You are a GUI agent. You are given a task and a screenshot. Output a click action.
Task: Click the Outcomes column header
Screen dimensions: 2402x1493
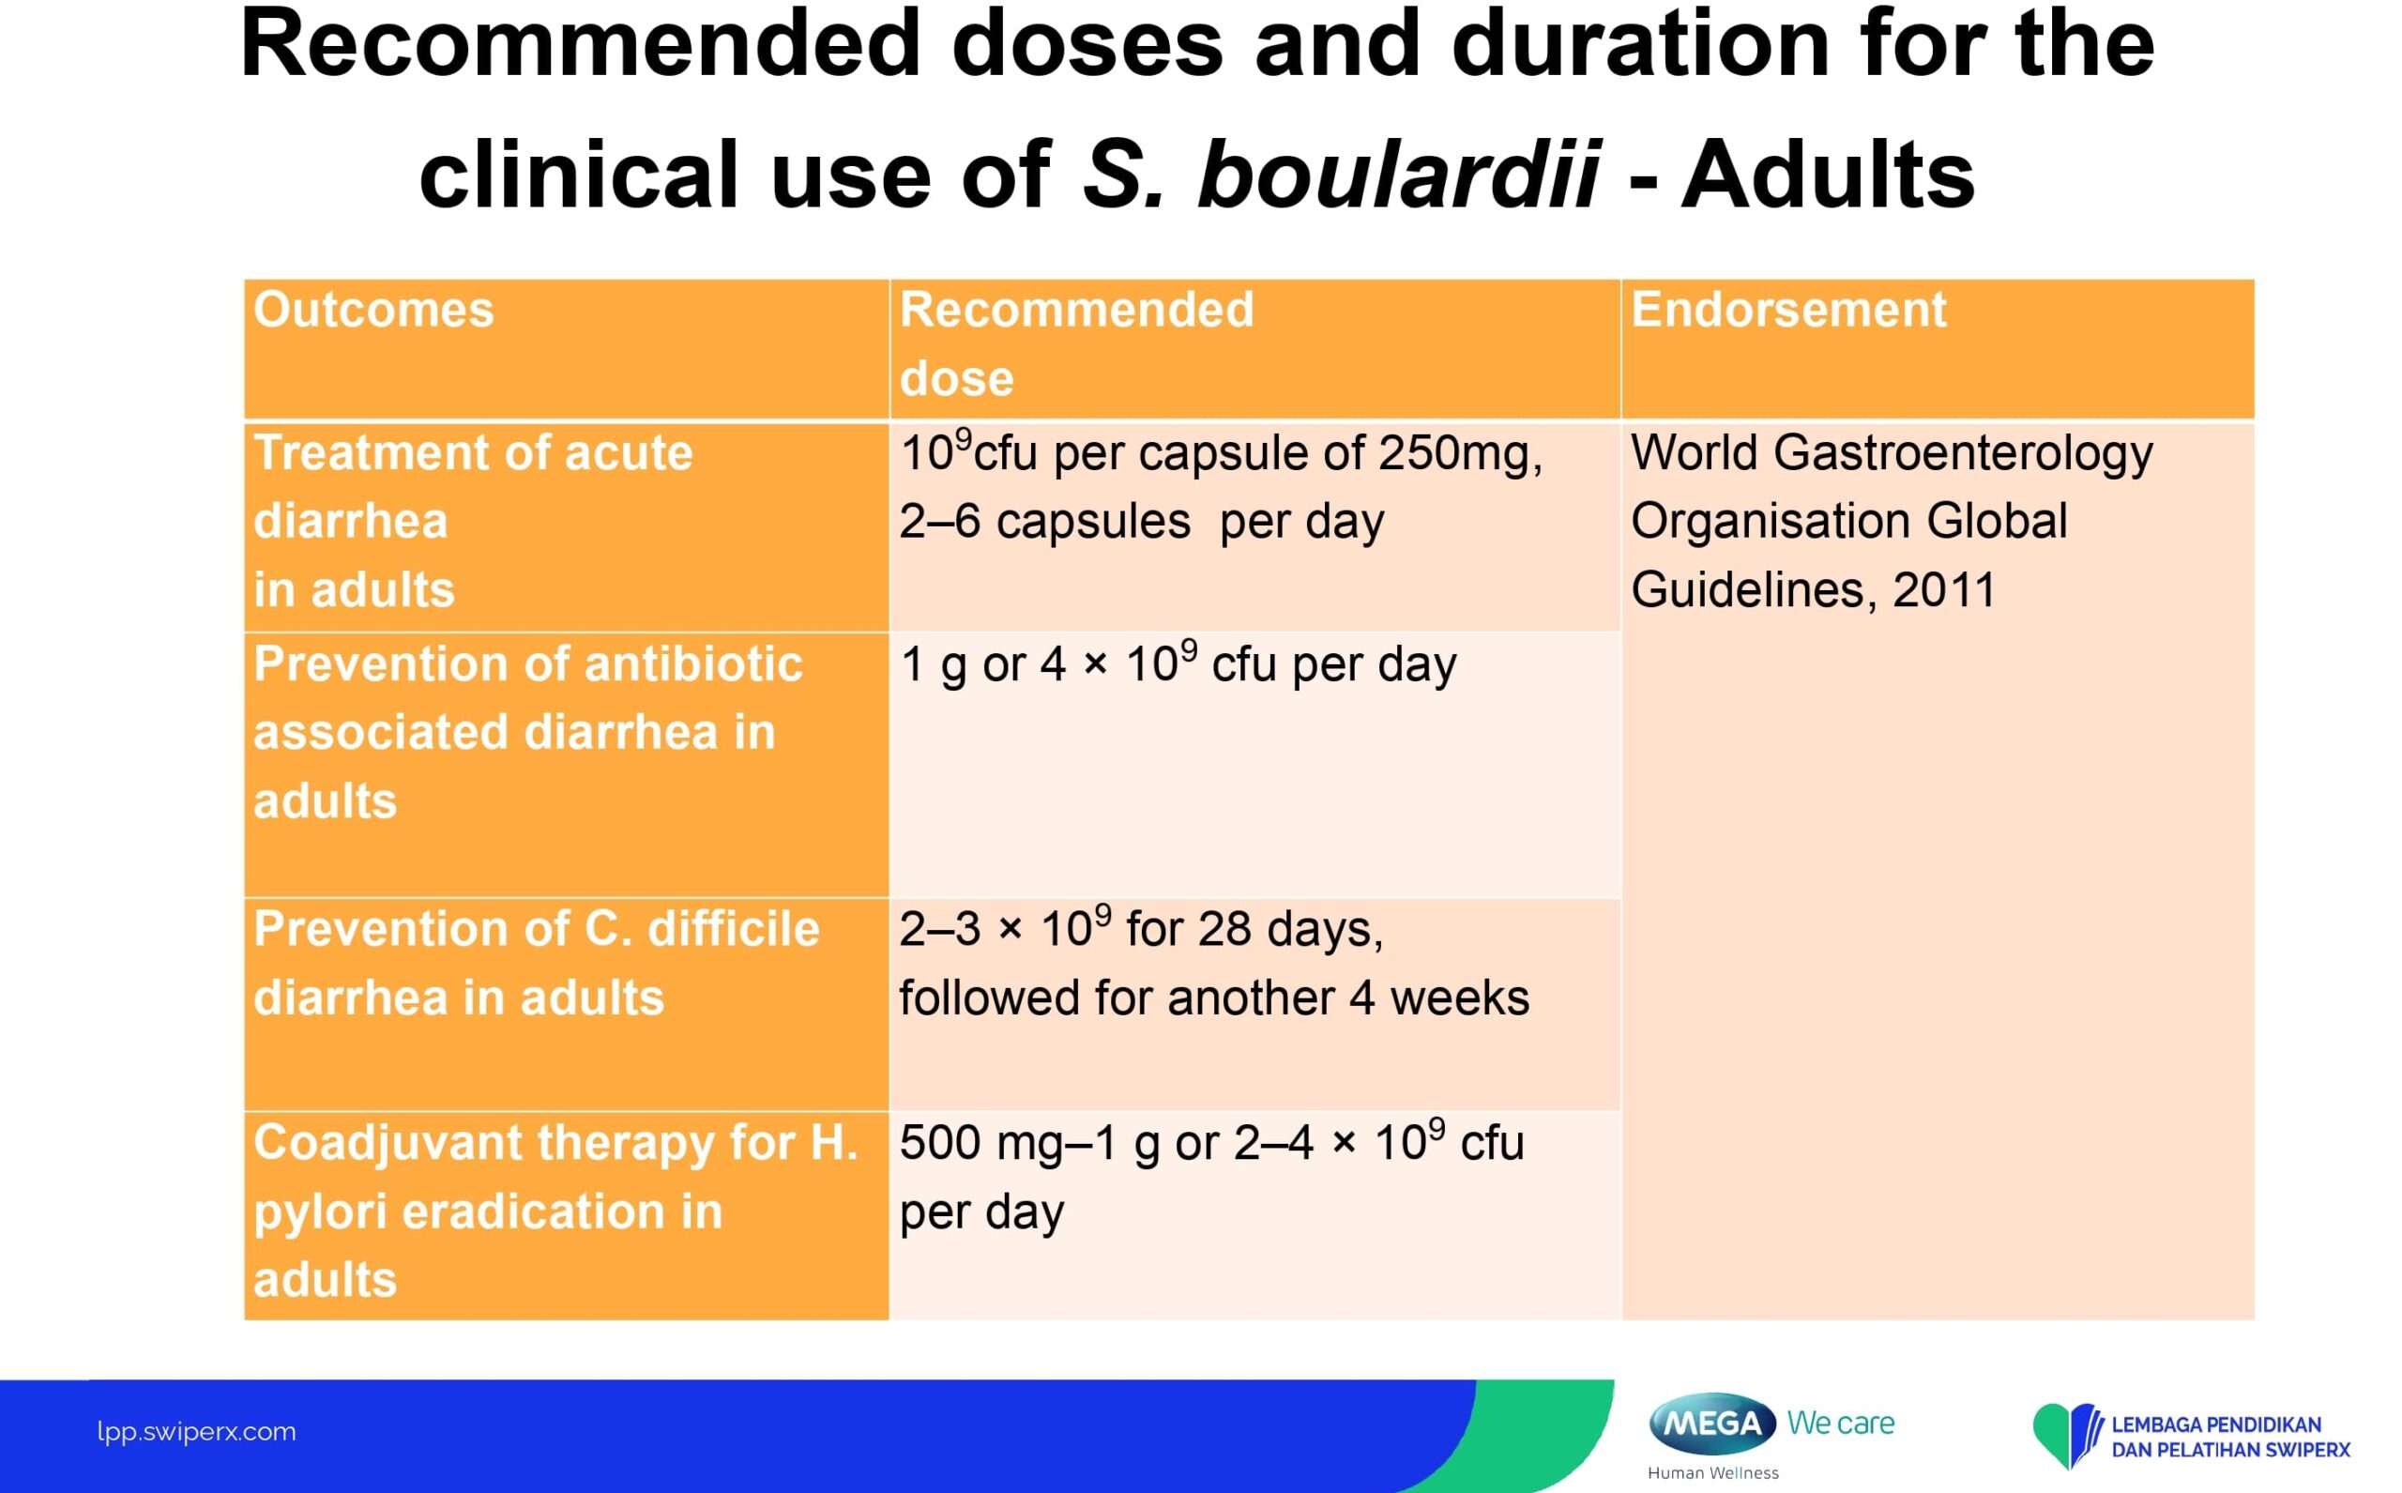(373, 310)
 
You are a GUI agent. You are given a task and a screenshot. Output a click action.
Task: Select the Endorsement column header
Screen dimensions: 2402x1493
(1788, 310)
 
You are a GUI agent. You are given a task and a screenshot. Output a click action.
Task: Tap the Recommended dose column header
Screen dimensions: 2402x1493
(1076, 343)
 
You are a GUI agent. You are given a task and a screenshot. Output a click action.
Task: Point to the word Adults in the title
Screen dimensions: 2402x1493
(1828, 174)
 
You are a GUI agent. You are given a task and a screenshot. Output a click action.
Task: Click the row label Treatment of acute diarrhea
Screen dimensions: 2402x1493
(473, 521)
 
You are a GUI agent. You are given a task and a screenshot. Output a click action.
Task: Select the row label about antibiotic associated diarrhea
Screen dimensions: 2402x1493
(528, 732)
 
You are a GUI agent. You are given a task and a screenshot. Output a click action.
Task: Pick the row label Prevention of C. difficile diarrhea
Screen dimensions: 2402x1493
(536, 963)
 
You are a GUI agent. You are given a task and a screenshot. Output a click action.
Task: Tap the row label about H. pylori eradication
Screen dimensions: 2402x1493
(555, 1211)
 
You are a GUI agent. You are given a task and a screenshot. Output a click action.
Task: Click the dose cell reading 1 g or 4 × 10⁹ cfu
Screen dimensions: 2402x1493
(1178, 663)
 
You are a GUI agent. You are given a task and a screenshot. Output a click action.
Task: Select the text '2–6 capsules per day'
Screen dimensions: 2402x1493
(1141, 522)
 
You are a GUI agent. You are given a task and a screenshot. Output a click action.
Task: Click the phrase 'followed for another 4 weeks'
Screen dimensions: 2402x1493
(1214, 998)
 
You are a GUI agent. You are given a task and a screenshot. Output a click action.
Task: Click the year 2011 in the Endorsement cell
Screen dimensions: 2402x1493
(1944, 590)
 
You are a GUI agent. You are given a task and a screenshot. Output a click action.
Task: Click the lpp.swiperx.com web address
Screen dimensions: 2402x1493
(196, 1432)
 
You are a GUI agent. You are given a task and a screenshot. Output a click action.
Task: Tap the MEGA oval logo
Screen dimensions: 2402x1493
(1712, 1423)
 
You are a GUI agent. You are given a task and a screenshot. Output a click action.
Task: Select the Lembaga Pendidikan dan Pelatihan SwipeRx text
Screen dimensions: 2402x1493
(2230, 1437)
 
